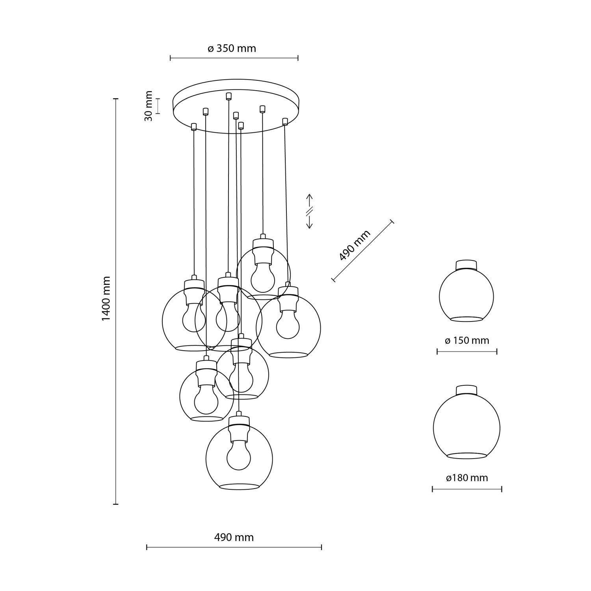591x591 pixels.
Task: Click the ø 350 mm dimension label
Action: point(232,48)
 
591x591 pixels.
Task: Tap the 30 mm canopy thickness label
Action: point(149,106)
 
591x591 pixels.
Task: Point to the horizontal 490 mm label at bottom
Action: point(234,537)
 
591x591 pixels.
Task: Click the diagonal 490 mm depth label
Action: point(355,245)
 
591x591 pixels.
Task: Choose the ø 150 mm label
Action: point(466,340)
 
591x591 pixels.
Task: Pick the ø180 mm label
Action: point(467,478)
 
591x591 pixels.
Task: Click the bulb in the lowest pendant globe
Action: point(239,457)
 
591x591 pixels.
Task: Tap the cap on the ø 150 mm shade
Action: point(466,264)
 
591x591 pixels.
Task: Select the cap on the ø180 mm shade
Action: point(466,390)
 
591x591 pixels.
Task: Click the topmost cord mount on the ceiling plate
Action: point(229,96)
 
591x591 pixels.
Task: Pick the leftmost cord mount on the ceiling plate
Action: point(193,126)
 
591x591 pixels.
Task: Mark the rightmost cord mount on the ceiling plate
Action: point(285,121)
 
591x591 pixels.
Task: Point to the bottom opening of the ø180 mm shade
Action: point(466,456)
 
